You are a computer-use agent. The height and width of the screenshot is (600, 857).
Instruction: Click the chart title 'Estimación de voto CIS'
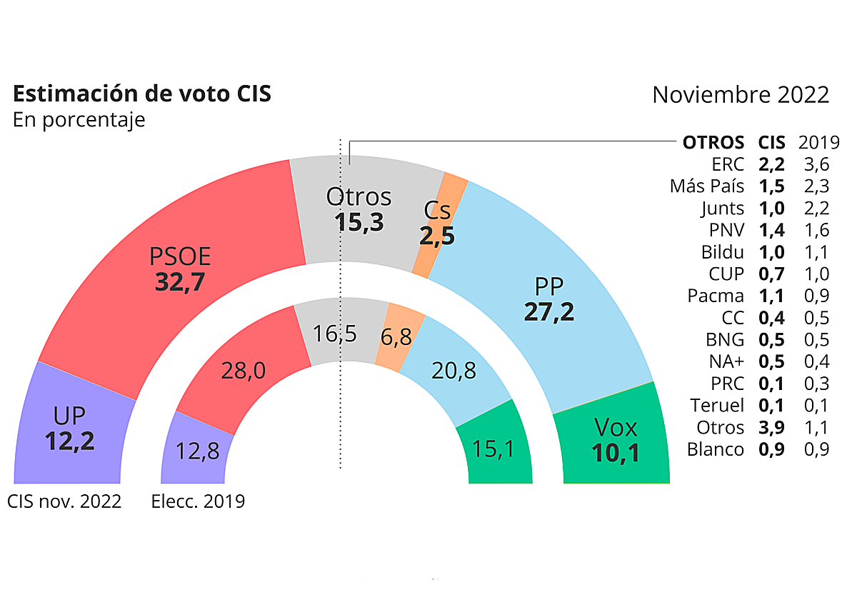tap(142, 94)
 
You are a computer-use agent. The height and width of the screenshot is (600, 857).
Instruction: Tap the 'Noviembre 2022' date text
tap(741, 95)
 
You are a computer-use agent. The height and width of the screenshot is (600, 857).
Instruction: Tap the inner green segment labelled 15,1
tap(493, 449)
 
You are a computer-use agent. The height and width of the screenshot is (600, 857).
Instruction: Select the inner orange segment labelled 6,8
tap(396, 336)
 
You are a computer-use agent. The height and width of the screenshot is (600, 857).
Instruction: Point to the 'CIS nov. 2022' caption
tap(64, 501)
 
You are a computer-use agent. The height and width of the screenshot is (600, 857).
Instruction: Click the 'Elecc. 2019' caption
tap(198, 501)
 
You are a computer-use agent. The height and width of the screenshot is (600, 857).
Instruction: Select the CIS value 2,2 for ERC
tap(771, 164)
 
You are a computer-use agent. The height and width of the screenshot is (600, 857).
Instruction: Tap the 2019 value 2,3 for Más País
tap(816, 186)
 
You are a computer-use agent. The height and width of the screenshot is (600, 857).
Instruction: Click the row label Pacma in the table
tap(716, 296)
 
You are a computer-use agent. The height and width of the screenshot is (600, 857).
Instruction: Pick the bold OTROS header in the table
tap(713, 142)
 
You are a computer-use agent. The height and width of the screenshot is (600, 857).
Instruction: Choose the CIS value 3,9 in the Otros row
tap(771, 427)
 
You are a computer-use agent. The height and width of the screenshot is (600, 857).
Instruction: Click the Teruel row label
tap(717, 406)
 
